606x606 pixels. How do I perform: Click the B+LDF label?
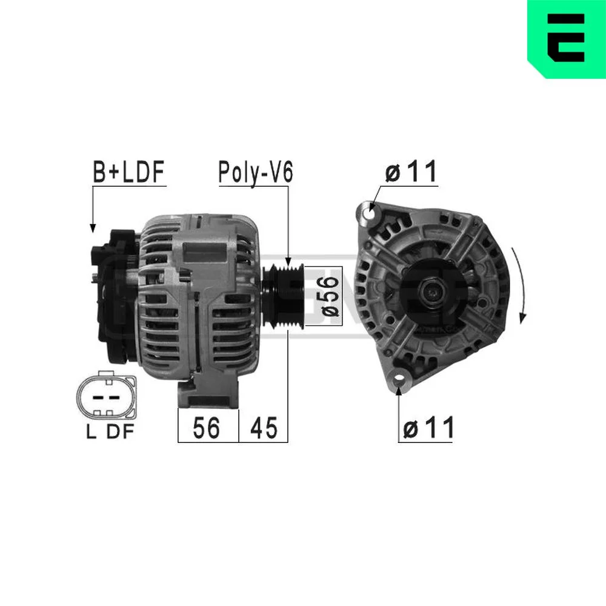[x=128, y=172]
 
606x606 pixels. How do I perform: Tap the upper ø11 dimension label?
[x=411, y=171]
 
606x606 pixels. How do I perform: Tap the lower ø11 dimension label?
[x=428, y=428]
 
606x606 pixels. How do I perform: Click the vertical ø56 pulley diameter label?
[x=330, y=295]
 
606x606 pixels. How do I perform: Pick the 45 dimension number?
[x=264, y=428]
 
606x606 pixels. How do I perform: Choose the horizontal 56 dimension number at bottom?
[x=207, y=428]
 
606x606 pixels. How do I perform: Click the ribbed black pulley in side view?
[x=282, y=296]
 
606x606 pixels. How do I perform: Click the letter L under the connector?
[x=92, y=431]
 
